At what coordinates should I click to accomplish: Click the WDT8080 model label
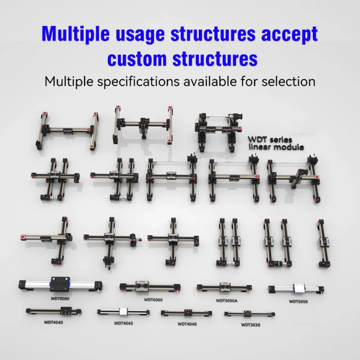pos(60,299)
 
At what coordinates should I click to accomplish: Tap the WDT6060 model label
pos(153,300)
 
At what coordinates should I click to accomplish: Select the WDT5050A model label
pos(227,301)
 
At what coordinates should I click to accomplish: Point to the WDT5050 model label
pos(298,301)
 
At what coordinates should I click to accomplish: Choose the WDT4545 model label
pos(54,322)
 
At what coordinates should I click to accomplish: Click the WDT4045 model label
pos(124,323)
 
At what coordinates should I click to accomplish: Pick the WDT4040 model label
pos(187,324)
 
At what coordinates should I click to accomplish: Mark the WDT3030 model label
pos(250,325)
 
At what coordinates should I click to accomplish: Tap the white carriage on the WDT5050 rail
pos(299,289)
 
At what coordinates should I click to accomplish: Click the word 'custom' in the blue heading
pos(137,59)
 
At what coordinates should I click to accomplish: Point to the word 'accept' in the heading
pos(290,34)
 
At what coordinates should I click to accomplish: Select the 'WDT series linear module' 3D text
pos(276,143)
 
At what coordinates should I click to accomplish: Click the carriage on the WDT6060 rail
pos(142,286)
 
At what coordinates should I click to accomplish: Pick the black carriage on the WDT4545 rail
pos(66,311)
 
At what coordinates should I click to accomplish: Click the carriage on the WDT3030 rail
pos(248,313)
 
